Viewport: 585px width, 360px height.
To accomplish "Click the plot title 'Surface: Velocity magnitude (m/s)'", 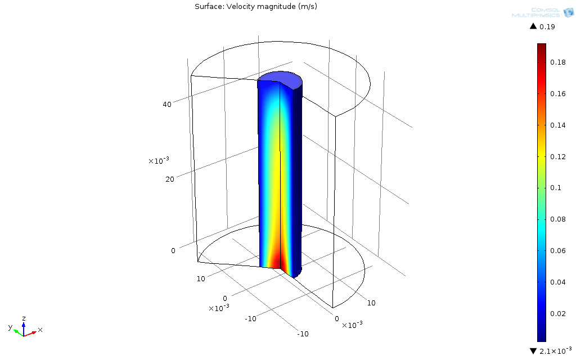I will [x=251, y=6].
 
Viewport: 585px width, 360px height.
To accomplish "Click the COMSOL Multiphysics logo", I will [x=542, y=12].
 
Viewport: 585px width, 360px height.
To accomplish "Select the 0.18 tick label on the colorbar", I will [x=558, y=62].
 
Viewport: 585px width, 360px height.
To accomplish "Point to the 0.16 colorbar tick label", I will [x=558, y=94].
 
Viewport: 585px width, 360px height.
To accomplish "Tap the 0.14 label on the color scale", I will [x=558, y=125].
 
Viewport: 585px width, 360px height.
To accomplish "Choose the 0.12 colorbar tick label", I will [x=558, y=157].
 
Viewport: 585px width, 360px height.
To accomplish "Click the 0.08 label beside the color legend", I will [x=558, y=219].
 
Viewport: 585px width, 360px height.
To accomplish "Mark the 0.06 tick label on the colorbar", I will [x=558, y=251].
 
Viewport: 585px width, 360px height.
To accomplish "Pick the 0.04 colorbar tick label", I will [x=558, y=282].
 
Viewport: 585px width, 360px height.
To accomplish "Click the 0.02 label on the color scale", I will [x=558, y=314].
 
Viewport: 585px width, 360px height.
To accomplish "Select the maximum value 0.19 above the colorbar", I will [x=547, y=27].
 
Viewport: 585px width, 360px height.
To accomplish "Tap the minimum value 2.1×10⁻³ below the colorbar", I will [x=555, y=351].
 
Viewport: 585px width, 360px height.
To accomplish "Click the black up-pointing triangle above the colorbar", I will [x=533, y=27].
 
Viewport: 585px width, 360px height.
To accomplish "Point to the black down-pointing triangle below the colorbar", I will [x=533, y=351].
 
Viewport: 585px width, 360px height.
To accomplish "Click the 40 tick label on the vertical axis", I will [x=167, y=104].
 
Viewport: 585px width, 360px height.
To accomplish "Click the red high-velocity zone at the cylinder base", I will [x=276, y=262].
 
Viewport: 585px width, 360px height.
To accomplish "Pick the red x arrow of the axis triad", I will [x=33, y=333].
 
